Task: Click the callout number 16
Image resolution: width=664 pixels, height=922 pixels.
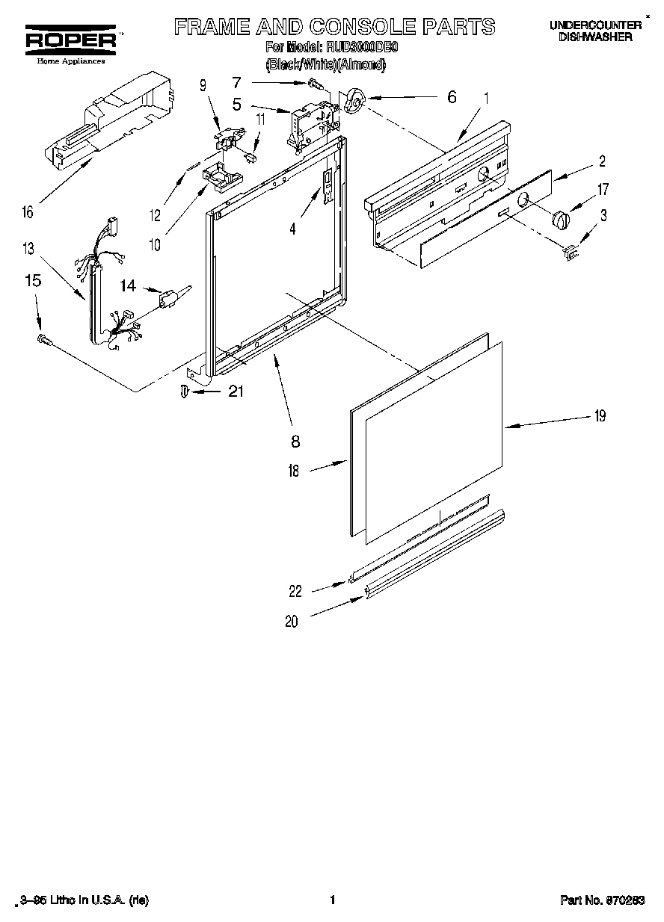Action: point(28,212)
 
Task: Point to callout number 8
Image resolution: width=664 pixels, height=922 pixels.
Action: point(295,442)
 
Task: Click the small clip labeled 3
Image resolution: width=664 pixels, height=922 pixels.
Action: point(572,253)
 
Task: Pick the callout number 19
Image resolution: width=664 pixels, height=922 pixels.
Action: point(599,417)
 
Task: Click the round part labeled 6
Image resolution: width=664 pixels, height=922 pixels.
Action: point(355,99)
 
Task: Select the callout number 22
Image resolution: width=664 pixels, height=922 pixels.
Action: point(295,591)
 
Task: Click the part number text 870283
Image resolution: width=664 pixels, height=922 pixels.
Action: point(624,900)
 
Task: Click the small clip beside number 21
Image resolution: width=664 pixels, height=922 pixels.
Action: point(185,392)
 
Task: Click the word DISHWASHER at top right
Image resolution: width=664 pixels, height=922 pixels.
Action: point(595,37)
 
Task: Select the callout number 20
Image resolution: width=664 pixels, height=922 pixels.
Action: point(291,620)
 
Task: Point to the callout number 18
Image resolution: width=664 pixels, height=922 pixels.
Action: point(293,471)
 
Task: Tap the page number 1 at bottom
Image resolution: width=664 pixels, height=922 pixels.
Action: point(331,900)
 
